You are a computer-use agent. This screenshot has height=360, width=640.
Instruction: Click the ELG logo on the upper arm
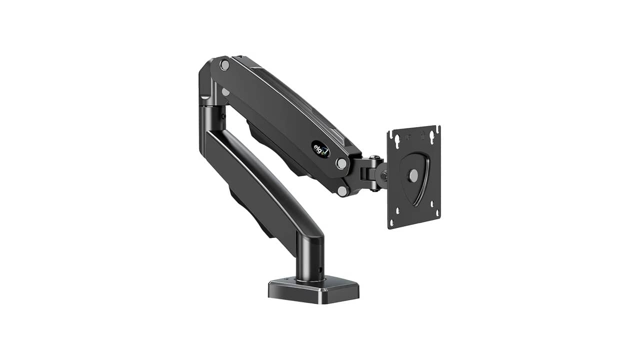click(320, 148)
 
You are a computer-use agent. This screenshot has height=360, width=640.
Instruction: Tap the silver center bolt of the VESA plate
click(413, 175)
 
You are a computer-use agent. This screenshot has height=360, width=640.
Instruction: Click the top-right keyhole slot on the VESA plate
click(430, 134)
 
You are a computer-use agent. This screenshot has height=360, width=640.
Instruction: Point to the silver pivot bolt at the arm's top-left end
click(224, 64)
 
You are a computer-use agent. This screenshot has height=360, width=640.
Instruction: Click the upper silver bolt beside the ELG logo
click(341, 163)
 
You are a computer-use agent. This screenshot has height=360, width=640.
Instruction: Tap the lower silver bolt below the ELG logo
click(342, 190)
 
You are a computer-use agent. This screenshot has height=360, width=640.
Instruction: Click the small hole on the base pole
click(320, 270)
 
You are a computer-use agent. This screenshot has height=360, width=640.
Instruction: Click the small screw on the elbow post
click(223, 116)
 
